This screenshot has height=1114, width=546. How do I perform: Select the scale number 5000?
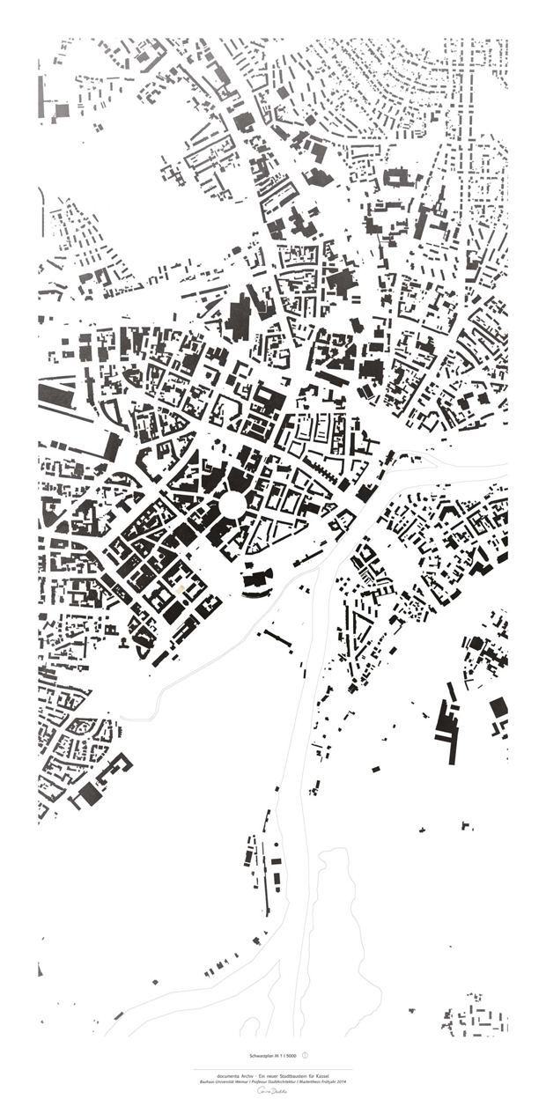tap(290, 1055)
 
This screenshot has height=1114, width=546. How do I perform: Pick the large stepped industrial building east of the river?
tap(447, 724)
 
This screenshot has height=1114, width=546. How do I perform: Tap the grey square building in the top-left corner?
tap(61, 111)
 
